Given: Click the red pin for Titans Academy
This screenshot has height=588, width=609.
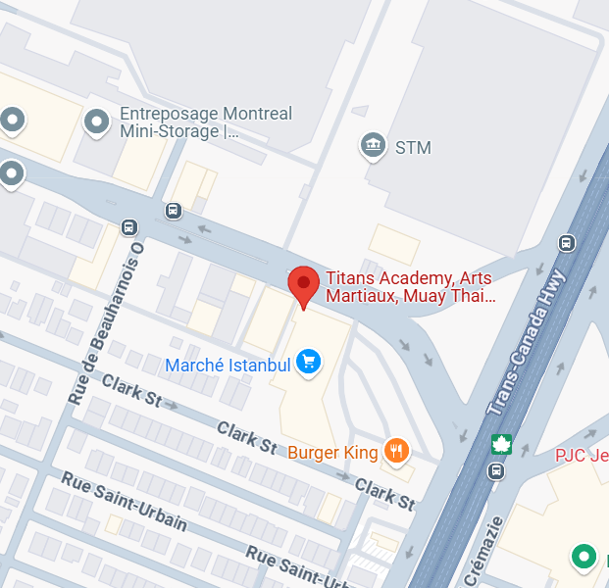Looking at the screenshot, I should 303,285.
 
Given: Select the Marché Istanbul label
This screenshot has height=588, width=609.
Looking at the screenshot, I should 228,365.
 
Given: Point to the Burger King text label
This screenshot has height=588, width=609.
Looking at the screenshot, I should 333,452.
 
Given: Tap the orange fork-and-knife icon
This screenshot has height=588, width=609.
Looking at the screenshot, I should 396,451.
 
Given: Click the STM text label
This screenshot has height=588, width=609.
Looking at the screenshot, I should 413,148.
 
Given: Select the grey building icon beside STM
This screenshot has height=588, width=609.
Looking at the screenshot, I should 373,146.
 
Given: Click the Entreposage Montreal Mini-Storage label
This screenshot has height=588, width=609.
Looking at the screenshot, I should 206,122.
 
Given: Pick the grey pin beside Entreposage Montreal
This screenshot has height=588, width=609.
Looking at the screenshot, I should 96,122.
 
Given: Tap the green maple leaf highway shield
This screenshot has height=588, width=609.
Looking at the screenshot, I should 501,444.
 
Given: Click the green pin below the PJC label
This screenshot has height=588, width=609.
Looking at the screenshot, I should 584,557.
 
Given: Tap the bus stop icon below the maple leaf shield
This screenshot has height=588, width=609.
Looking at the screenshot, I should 497,471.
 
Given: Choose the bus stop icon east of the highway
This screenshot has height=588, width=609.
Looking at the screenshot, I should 566,243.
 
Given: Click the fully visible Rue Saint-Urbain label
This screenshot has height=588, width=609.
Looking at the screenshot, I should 124,500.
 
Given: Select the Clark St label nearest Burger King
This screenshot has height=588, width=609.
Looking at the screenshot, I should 384,495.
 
